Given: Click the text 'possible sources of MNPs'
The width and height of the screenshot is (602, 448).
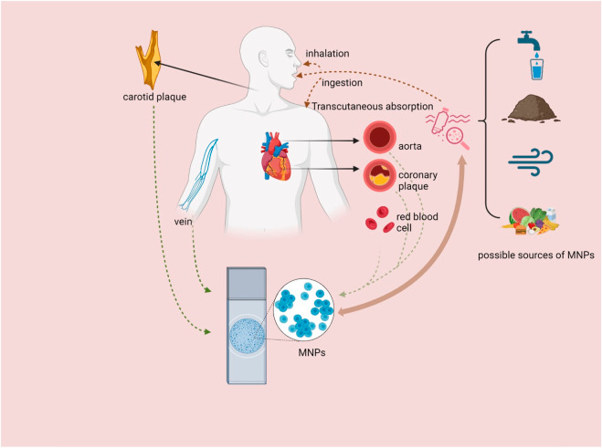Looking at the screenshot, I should pos(535,255).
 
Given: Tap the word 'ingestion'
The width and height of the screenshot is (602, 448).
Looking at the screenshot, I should pos(343,83).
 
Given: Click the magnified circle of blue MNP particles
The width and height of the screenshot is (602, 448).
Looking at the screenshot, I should pos(304,307).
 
